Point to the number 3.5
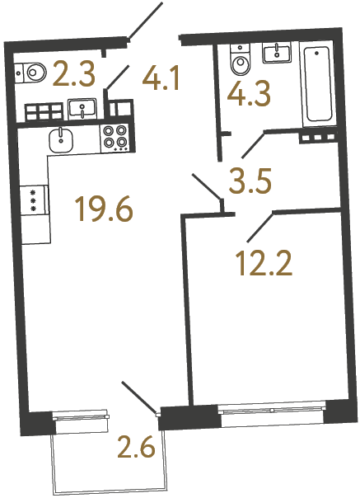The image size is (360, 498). [250, 181]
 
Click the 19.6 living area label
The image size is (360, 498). [104, 211]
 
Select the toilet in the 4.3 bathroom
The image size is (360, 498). [241, 63]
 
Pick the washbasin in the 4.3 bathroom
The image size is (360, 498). [277, 54]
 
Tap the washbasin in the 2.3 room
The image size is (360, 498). [82, 107]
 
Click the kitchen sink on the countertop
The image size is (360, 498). [63, 139]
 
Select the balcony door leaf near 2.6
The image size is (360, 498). [138, 395]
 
